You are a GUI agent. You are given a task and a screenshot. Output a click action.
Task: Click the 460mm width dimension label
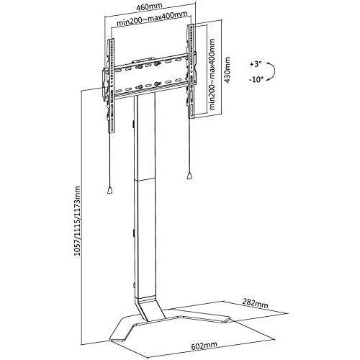click(x=149, y=6)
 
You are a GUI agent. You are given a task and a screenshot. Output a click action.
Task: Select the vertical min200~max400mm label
click(x=212, y=74)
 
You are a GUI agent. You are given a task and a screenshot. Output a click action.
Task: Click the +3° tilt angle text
click(x=256, y=64)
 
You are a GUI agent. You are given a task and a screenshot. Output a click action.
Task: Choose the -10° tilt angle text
click(x=256, y=79)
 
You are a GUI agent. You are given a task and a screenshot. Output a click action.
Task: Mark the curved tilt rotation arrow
click(x=273, y=71)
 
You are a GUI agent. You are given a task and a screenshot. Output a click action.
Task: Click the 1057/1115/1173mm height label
click(x=77, y=222)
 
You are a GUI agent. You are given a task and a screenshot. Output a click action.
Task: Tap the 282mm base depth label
click(x=256, y=303)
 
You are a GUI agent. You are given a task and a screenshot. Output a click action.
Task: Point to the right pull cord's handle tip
click(x=189, y=176)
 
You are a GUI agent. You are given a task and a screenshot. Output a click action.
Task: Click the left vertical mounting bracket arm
click(x=111, y=86)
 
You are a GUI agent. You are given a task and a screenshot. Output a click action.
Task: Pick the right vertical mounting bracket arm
click(x=191, y=71)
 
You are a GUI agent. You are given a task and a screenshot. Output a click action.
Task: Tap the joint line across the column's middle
click(x=145, y=179)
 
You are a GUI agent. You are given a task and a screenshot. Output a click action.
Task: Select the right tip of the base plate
click(x=228, y=319)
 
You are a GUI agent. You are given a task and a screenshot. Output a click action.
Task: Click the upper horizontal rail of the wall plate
click(x=150, y=63)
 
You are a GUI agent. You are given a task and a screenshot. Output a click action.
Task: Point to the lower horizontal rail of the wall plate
click(x=150, y=88)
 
